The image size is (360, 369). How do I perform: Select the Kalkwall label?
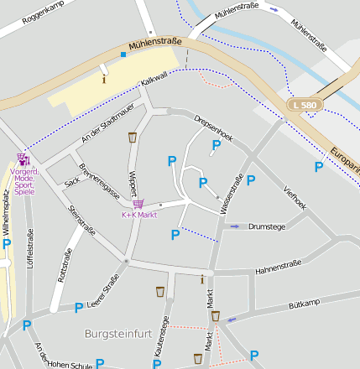tap(154, 80)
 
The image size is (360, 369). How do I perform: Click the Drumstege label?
tap(267, 226)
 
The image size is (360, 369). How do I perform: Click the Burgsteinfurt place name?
tap(118, 333)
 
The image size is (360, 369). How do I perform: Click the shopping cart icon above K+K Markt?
tap(138, 204)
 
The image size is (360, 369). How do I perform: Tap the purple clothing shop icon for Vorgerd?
tap(23, 159)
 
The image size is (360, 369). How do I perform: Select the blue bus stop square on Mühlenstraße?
tap(123, 55)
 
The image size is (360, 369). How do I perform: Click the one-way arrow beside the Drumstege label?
tap(234, 226)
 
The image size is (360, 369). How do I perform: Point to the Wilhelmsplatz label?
tap(6, 213)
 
